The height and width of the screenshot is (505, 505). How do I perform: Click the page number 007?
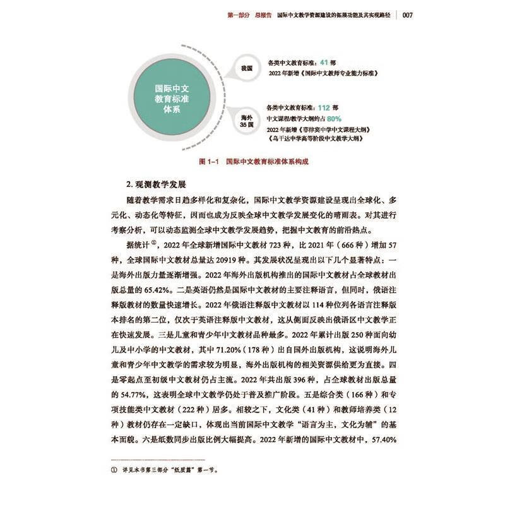pyautogui.click(x=405, y=15)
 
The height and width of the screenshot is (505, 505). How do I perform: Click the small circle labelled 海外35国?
pyautogui.click(x=246, y=121)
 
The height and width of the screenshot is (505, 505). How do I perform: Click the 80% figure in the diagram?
pyautogui.click(x=334, y=118)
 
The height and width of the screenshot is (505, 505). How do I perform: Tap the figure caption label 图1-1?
pyautogui.click(x=209, y=162)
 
